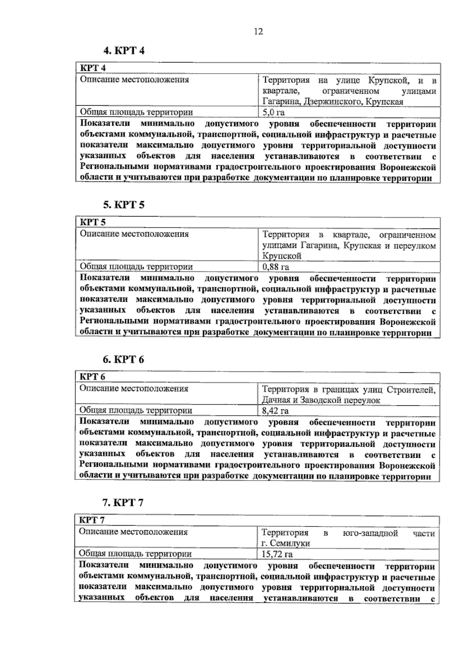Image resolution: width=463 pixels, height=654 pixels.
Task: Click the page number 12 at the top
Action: click(x=258, y=32)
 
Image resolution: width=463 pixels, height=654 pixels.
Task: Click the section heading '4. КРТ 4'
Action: click(x=123, y=50)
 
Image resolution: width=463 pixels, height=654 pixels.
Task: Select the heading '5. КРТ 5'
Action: click(x=123, y=205)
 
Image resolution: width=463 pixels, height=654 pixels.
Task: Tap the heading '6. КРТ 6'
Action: click(x=123, y=359)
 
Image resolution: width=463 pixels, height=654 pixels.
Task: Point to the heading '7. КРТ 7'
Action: click(x=123, y=503)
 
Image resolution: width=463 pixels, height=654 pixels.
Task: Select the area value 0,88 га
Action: click(x=275, y=267)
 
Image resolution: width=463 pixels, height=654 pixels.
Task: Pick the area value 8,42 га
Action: click(x=275, y=411)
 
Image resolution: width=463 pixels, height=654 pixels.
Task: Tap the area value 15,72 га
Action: click(x=277, y=555)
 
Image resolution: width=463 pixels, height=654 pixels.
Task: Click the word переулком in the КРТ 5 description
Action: click(x=415, y=246)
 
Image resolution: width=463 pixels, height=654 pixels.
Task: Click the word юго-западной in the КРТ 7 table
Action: click(x=370, y=533)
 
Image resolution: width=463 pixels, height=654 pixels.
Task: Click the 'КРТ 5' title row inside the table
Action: click(x=93, y=222)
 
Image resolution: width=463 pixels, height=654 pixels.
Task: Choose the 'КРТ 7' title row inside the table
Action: click(x=92, y=520)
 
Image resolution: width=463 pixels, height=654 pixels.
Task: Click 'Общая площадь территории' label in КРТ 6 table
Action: click(x=135, y=410)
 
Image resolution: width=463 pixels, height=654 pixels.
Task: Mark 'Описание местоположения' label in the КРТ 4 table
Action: click(x=134, y=80)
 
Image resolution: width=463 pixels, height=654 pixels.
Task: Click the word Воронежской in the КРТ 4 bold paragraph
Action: click(x=408, y=168)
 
